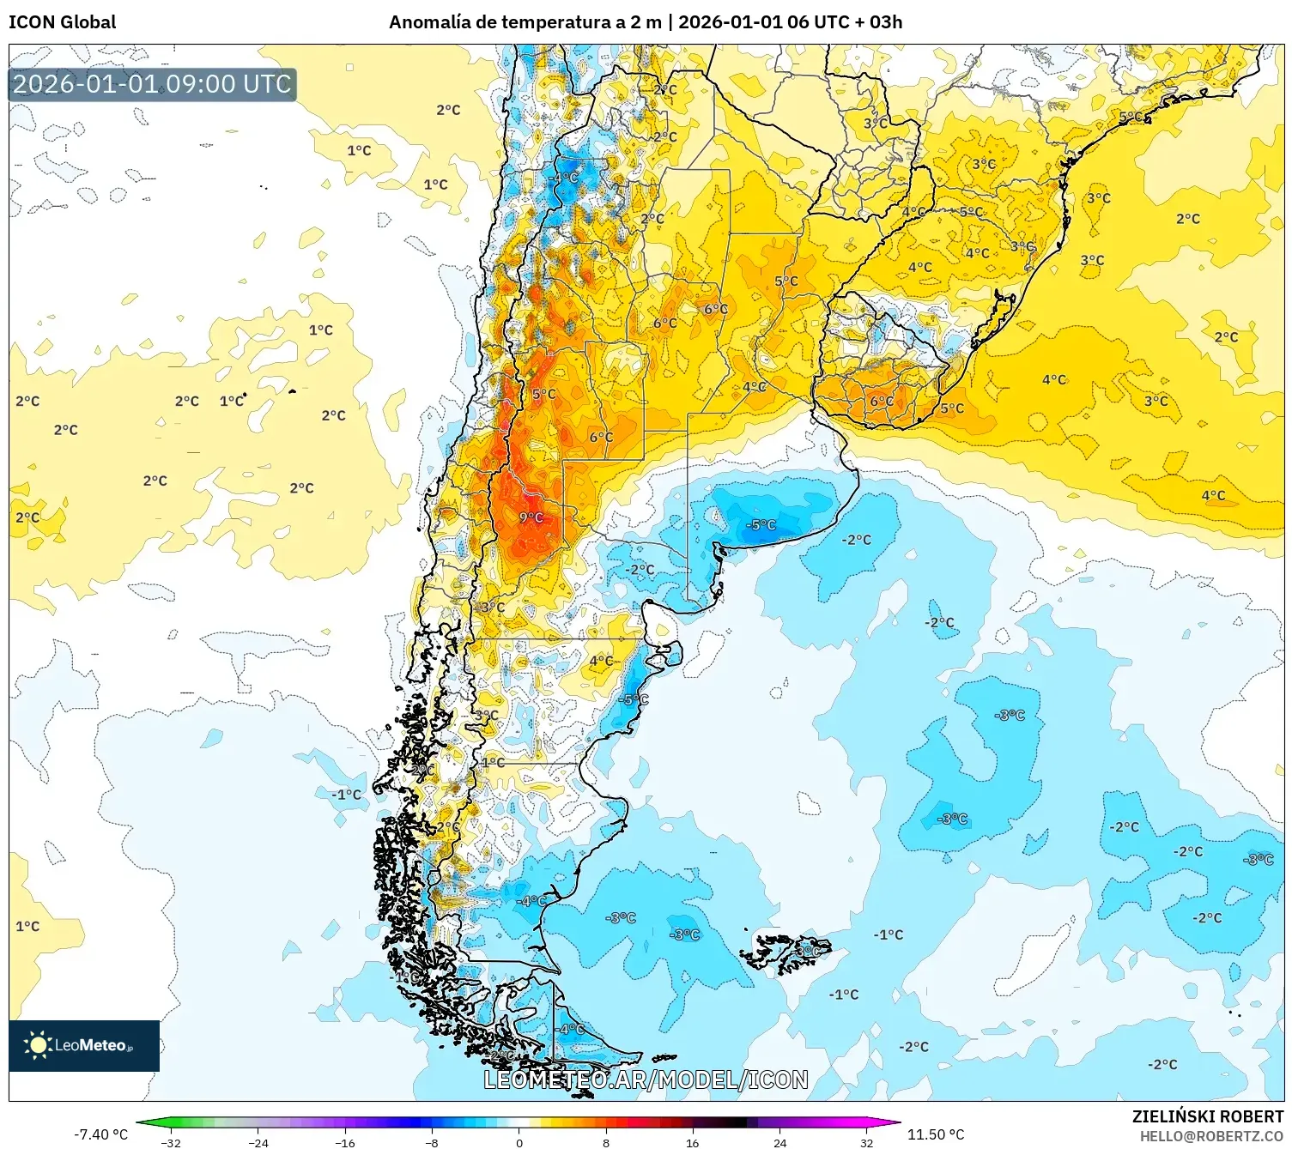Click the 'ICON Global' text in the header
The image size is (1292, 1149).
(x=62, y=22)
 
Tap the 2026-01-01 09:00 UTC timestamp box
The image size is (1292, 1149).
(x=152, y=84)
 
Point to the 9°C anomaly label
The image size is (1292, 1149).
(x=531, y=517)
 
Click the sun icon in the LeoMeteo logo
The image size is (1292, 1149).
(x=37, y=1044)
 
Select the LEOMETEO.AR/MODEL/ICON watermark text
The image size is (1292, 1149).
(x=646, y=1079)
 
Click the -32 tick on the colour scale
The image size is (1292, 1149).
(x=172, y=1142)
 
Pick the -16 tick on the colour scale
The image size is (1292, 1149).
(x=345, y=1142)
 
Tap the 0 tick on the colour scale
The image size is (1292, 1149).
(x=519, y=1142)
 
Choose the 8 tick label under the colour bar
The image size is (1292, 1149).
(x=606, y=1142)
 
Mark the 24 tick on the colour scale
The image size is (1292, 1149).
(x=779, y=1142)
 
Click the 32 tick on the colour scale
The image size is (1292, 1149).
(x=866, y=1142)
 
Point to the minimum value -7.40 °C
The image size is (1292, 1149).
(x=100, y=1134)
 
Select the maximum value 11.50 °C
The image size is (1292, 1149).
(x=935, y=1134)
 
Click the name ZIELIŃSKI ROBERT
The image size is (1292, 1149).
(x=1207, y=1116)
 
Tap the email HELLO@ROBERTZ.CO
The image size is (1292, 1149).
(x=1211, y=1136)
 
